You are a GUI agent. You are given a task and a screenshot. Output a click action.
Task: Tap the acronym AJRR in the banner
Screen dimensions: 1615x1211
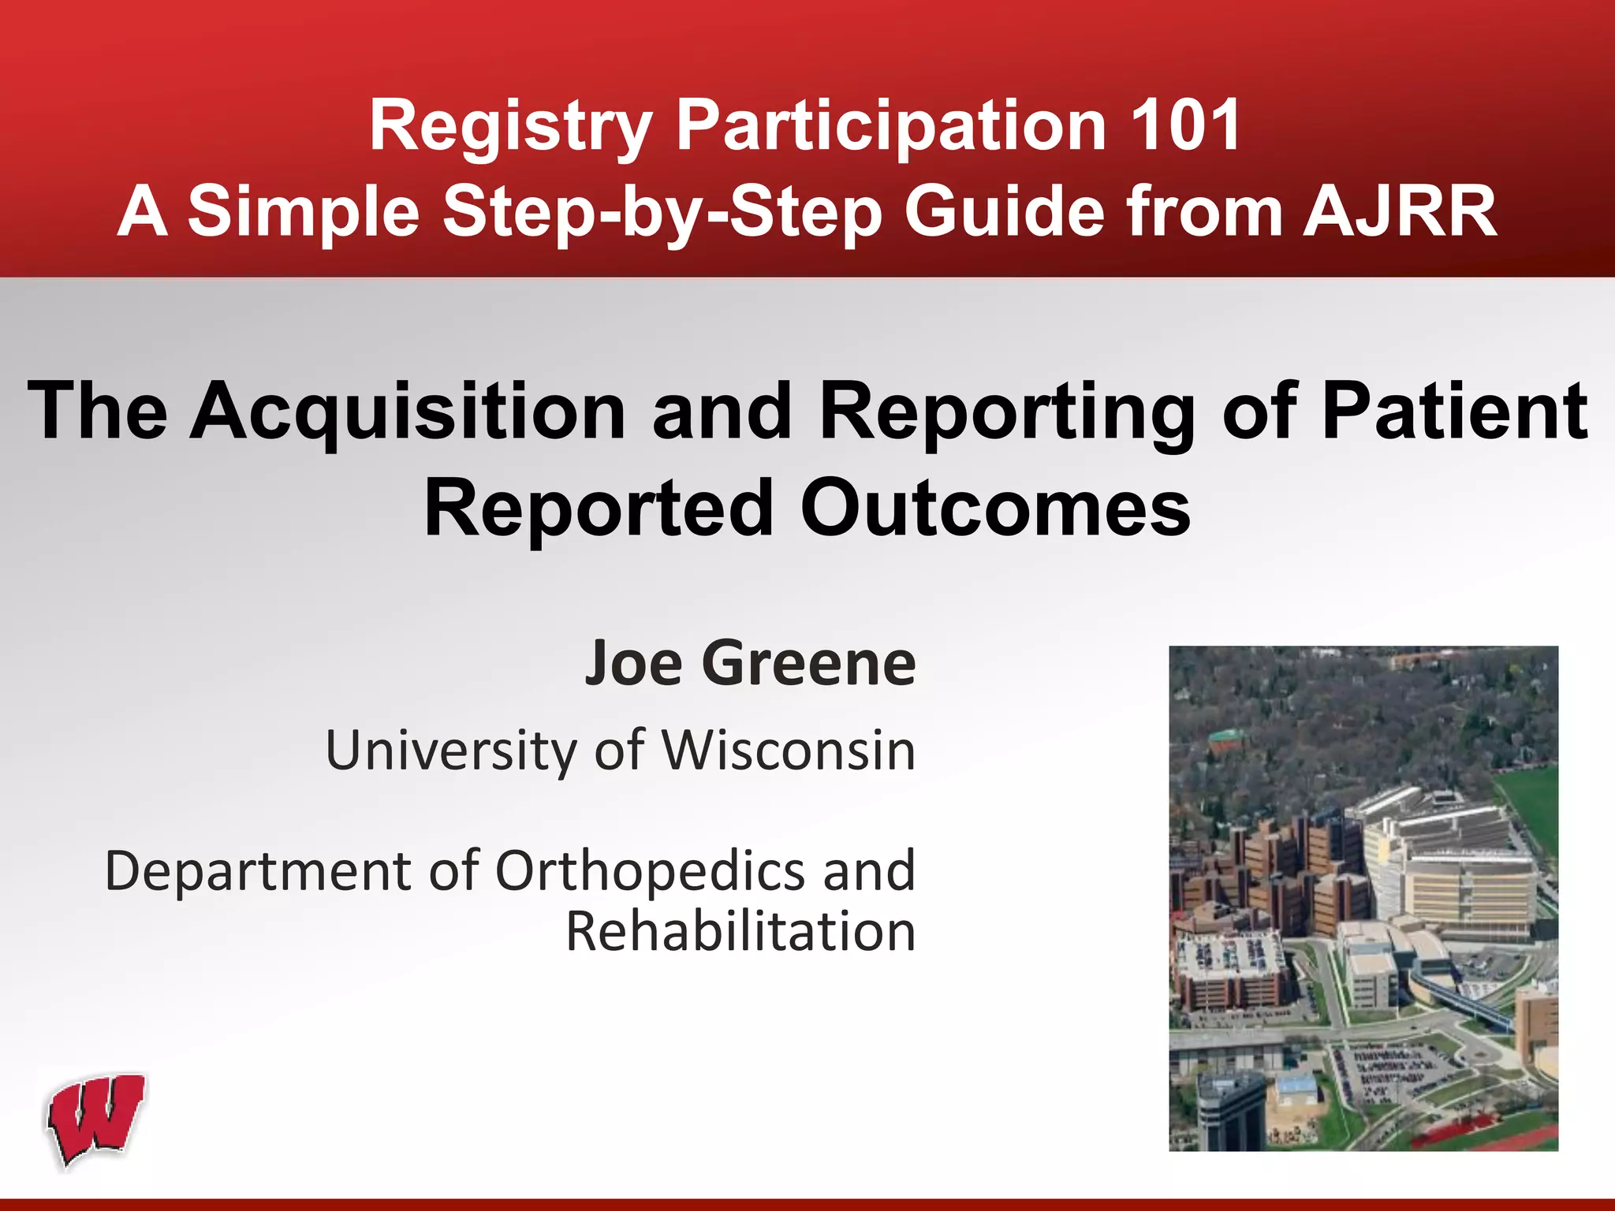pos(1400,211)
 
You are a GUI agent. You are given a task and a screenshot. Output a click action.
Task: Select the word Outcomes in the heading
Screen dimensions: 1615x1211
pos(994,509)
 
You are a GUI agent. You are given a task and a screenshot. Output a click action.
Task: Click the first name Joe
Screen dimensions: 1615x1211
pos(632,663)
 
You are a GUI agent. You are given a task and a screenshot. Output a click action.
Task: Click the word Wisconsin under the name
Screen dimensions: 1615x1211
pos(789,750)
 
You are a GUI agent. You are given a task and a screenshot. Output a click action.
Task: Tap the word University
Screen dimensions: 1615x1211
pos(451,751)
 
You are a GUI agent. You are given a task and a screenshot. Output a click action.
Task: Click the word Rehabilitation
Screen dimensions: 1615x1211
pos(740,932)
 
